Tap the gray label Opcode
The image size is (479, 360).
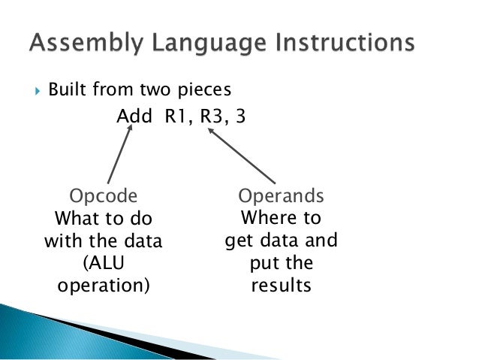click(104, 197)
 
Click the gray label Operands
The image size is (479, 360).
click(281, 197)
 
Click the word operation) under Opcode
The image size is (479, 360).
click(104, 286)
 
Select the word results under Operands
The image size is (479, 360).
click(281, 286)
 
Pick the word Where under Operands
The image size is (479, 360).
click(281, 219)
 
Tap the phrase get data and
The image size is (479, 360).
click(281, 241)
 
